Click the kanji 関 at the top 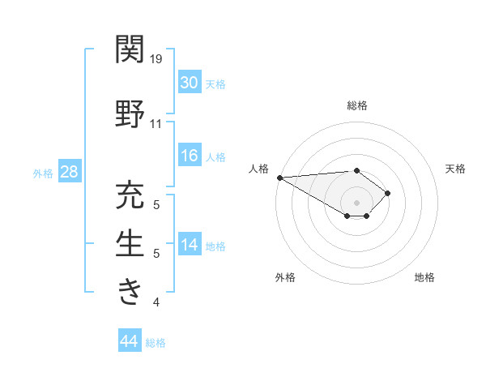pos(130,49)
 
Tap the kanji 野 pos(130,114)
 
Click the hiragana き pos(130,289)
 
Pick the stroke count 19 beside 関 pos(157,58)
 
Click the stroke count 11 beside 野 pos(156,123)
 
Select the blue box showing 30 pos(189,83)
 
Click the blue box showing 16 pos(189,156)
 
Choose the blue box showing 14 pos(189,246)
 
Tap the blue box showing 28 pos(68,172)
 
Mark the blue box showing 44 pos(130,341)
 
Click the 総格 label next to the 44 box pos(156,343)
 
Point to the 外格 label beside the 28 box pos(42,173)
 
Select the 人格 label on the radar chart pos(259,169)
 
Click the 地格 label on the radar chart pos(424,277)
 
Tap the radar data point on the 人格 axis pos(279,178)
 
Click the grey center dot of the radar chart pos(356,202)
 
